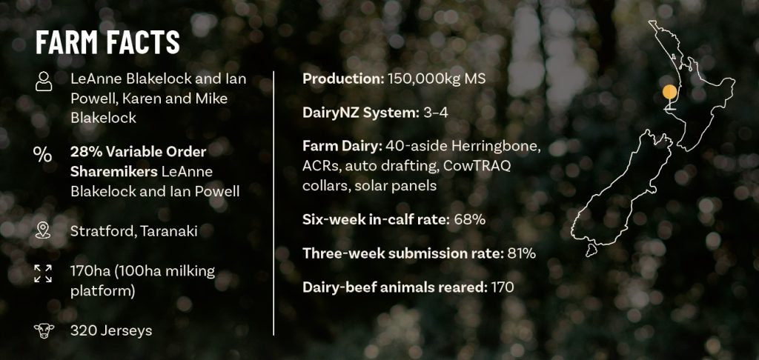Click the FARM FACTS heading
[107, 42]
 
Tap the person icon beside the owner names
[44, 81]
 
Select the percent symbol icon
[42, 154]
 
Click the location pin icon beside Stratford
[43, 231]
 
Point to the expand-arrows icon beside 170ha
[43, 273]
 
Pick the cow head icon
[44, 331]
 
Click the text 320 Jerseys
[111, 330]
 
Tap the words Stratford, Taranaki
[133, 231]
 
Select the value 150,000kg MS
[436, 79]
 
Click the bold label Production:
[343, 79]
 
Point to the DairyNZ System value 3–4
[436, 113]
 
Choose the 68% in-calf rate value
[469, 220]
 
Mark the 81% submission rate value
[521, 253]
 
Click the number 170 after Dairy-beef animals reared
[502, 287]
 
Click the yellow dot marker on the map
[669, 92]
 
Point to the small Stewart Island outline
[590, 250]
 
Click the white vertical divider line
[274, 203]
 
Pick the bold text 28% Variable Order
[139, 152]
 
